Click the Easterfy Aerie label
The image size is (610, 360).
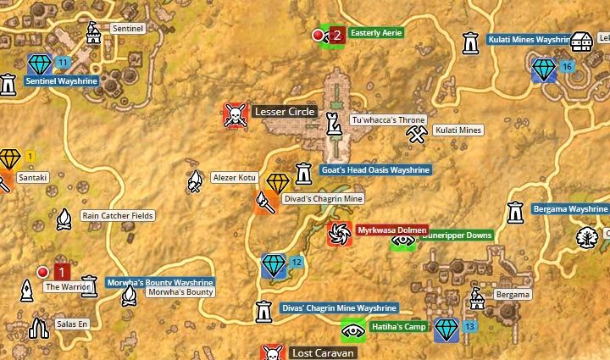[x=376, y=33]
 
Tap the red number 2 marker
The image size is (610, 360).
[x=337, y=35]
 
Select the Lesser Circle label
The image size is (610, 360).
[x=284, y=112]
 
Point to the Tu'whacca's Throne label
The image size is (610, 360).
[x=388, y=120]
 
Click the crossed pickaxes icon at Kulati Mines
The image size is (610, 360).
[x=415, y=133]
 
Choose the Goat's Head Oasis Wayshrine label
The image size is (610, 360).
[x=376, y=170]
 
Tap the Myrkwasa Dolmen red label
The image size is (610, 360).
[x=391, y=230]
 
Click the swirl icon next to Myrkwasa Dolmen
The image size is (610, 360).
[x=340, y=233]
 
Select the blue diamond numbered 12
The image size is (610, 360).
[x=274, y=265]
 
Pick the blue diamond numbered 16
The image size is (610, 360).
[x=543, y=68]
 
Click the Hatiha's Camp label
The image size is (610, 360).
[x=396, y=327]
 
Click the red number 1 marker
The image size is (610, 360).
[x=61, y=272]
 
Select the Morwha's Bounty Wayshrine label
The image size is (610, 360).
[x=159, y=282]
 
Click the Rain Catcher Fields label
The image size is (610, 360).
[x=118, y=216]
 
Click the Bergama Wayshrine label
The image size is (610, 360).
[x=570, y=208]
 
